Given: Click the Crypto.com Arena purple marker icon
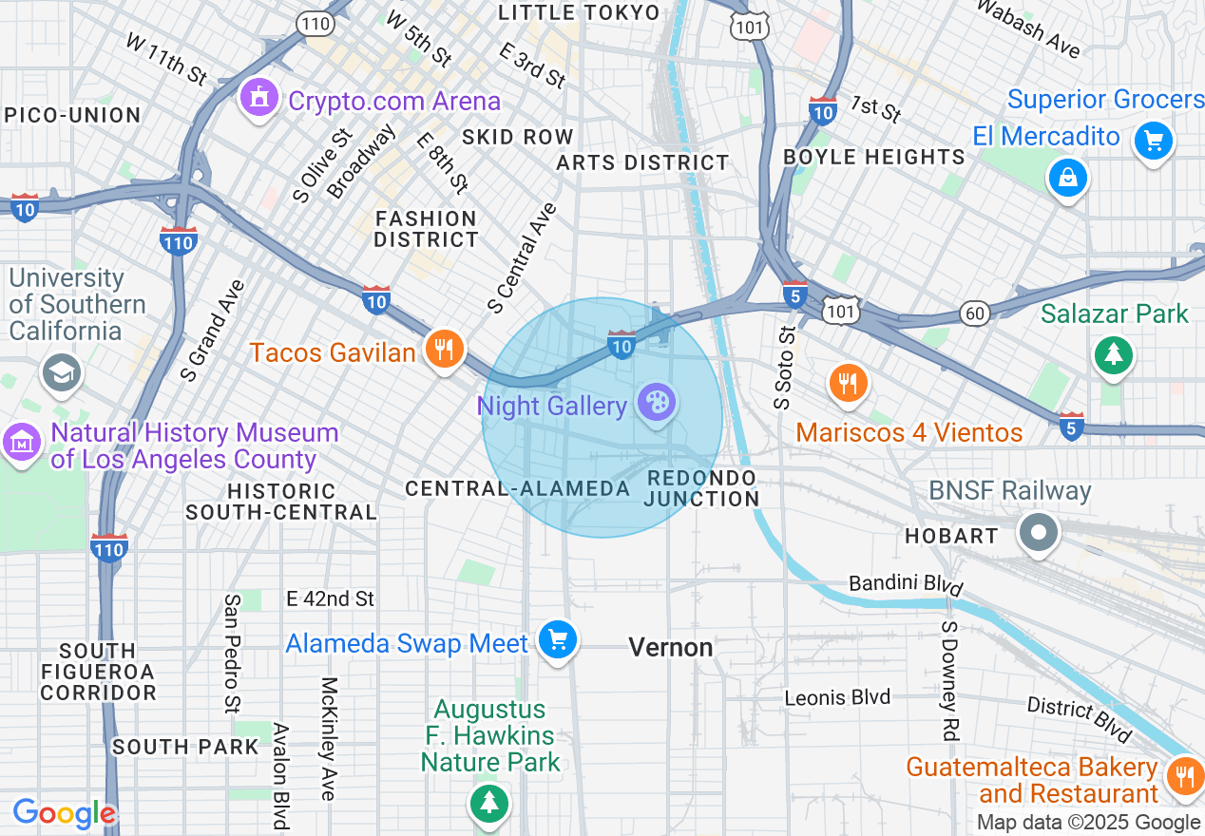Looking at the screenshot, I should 258,99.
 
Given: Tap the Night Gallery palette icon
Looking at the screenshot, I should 656,403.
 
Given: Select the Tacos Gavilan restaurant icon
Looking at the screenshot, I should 443,349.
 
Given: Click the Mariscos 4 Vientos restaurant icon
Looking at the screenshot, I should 848,383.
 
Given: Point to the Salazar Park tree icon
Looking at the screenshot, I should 1112,355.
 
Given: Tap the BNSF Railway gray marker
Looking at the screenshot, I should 1039,531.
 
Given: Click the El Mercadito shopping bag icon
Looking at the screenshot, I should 1067,178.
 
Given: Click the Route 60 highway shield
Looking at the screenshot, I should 974,313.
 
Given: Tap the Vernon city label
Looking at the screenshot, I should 671,648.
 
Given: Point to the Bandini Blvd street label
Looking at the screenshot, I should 906,583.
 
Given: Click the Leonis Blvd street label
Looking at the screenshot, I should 837,697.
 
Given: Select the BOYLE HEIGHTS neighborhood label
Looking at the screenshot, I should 873,157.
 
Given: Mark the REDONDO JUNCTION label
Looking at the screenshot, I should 701,488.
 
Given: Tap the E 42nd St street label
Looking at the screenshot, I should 331,598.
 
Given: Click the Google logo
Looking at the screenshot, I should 64,813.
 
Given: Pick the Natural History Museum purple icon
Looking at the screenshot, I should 21,442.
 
